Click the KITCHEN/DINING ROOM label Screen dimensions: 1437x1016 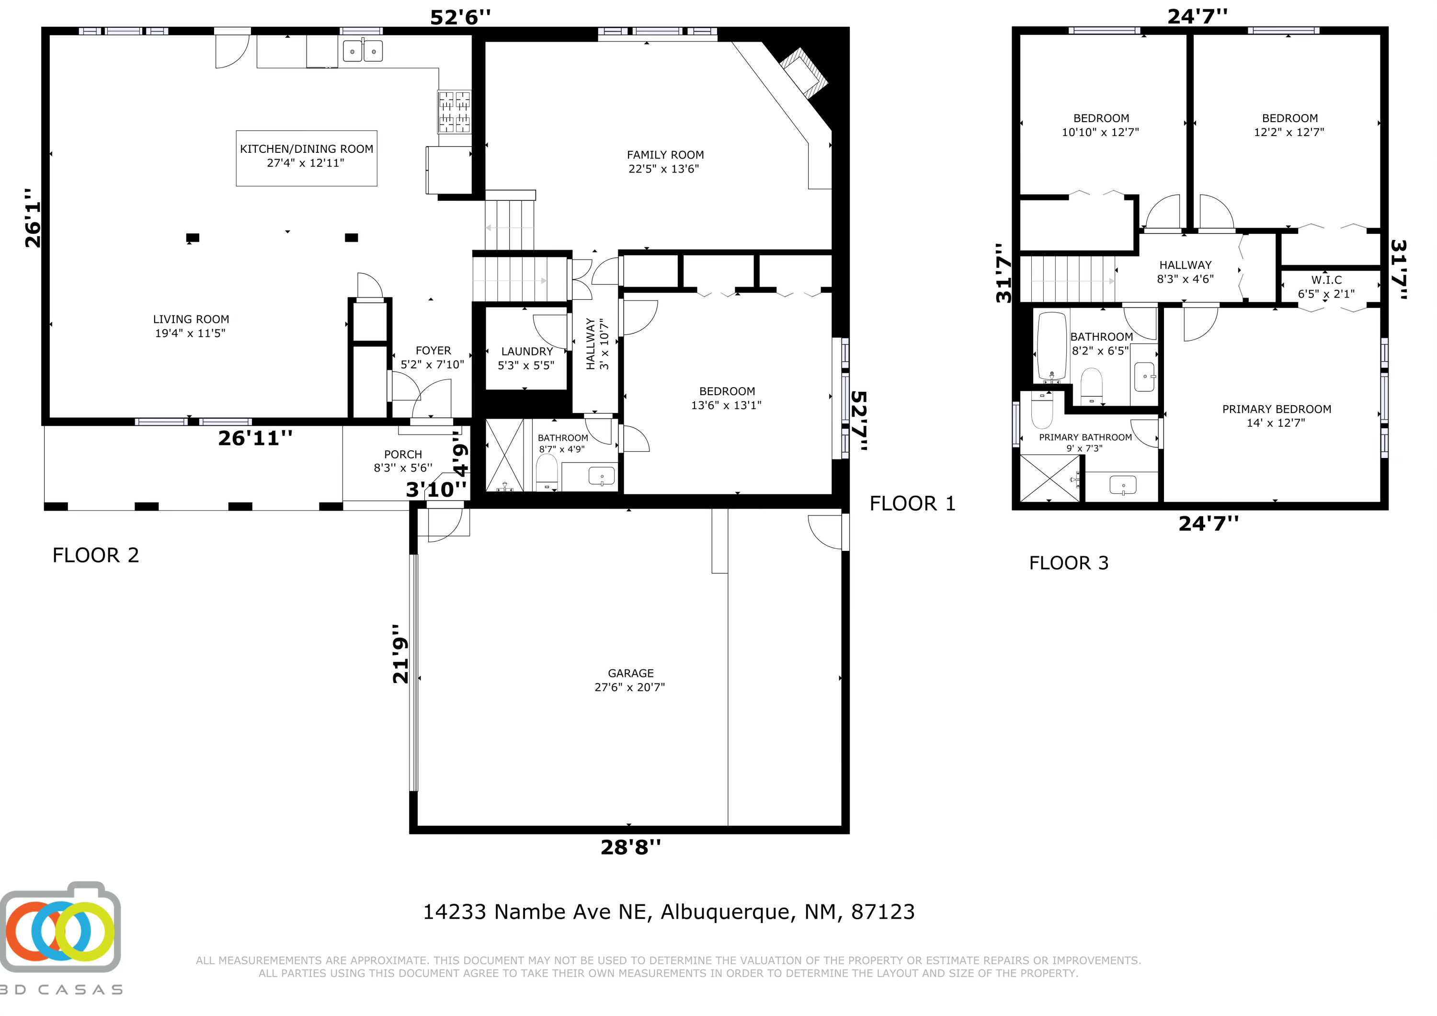306,156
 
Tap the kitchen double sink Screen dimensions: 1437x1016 363,51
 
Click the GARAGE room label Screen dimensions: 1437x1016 630,680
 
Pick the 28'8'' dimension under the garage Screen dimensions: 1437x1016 630,847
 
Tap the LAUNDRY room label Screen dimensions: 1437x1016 526,358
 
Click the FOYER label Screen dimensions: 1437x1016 433,357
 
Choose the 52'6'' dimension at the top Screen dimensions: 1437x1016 460,17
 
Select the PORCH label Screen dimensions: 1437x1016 403,461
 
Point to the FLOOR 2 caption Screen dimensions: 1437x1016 96,555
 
